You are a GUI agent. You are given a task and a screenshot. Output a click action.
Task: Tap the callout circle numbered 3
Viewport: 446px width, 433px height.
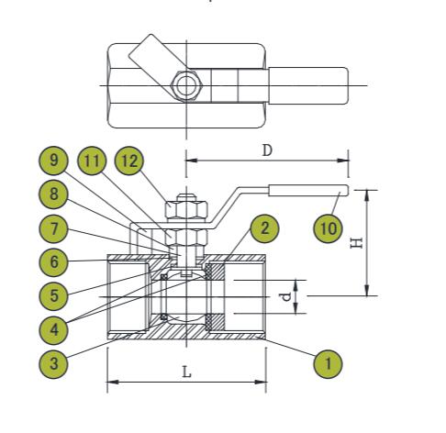[x=56, y=362]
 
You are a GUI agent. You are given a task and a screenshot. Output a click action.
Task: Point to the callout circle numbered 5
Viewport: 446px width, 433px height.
[x=56, y=294]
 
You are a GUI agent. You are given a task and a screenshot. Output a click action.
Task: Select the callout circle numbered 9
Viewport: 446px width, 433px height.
[x=56, y=161]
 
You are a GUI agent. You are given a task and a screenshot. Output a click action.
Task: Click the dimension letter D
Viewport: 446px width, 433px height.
[x=267, y=149]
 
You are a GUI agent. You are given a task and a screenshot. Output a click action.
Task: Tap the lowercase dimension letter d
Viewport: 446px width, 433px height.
[x=285, y=296]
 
